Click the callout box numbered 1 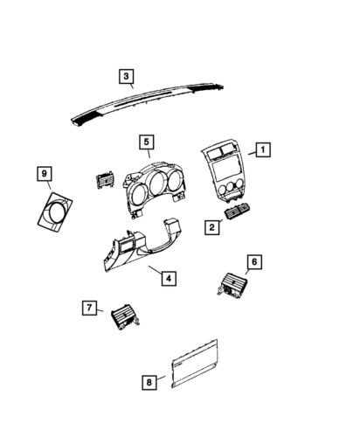[262, 149]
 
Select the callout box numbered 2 [212, 227]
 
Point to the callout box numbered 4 [169, 278]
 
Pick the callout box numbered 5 [147, 142]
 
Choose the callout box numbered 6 [253, 261]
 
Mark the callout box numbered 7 [88, 307]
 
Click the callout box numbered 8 [149, 381]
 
